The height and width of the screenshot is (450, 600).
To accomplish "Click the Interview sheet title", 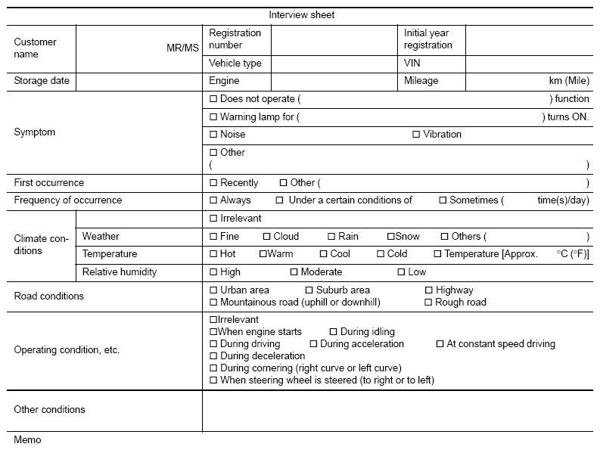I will coord(301,15).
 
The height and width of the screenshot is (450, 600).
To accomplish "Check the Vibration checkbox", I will coord(416,135).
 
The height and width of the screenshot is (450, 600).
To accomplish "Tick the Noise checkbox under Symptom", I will coord(213,135).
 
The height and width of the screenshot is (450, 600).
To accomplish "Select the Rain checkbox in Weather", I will coord(331,237).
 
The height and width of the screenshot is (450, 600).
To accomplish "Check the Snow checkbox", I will coord(390,237).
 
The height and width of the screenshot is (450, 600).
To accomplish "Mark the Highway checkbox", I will coord(429,290).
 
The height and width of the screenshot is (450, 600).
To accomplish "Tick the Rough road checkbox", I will coord(429,303).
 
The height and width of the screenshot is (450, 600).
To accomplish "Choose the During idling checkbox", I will coord(334,332).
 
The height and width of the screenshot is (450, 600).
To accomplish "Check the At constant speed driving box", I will coord(440,344).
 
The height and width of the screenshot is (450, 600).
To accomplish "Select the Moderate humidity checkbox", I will coord(294,272).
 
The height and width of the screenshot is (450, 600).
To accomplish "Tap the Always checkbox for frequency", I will coord(213,200).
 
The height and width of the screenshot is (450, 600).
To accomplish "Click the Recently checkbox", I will coord(213,183).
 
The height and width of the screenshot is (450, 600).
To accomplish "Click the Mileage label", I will coord(421,81).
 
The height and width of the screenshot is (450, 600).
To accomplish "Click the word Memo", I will coord(27,440).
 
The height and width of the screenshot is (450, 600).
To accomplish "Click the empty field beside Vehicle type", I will coord(334,64).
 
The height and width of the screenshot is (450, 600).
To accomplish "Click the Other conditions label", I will coord(50,410).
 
